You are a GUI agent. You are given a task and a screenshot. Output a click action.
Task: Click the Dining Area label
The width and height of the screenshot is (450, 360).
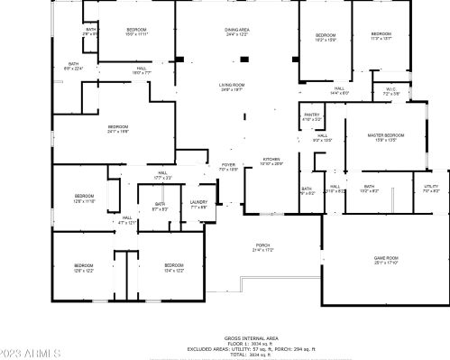click(x=237, y=32)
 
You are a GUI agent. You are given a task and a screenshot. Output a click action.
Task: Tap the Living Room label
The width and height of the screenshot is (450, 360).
click(x=232, y=87)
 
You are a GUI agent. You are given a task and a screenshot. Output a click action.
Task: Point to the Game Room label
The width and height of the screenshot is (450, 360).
click(x=386, y=260)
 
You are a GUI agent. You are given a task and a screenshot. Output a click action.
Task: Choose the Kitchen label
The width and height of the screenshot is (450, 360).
click(x=271, y=161)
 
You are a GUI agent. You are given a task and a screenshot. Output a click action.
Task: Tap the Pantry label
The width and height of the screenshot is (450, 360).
click(x=311, y=116)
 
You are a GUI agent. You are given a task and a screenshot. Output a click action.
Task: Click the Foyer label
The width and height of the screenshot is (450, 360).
click(x=228, y=167)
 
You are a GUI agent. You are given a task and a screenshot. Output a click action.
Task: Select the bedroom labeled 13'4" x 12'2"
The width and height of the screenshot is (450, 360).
click(x=173, y=267)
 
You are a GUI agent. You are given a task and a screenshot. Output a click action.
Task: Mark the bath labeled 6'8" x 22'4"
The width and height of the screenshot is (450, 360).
click(x=72, y=66)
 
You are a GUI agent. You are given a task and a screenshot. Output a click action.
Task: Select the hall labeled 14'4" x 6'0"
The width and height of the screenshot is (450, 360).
click(x=339, y=91)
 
